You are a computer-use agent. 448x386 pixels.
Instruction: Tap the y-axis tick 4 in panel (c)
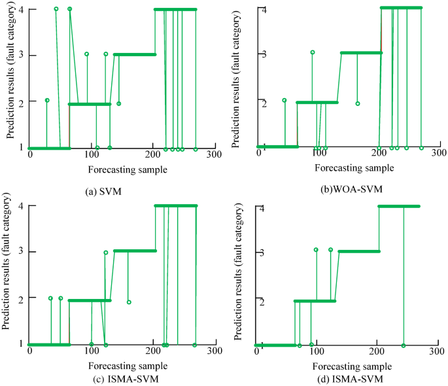[x=21, y=206]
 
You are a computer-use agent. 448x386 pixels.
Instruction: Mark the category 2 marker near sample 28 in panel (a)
[x=47, y=100]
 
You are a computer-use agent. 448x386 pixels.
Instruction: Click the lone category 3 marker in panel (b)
[x=313, y=52]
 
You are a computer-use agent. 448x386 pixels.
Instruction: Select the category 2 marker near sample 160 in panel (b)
[x=358, y=103]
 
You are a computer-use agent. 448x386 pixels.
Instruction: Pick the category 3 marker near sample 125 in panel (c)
[x=106, y=253]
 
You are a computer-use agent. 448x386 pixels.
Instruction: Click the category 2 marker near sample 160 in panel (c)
[x=129, y=302]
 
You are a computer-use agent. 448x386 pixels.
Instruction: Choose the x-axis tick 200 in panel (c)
[x=152, y=351]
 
